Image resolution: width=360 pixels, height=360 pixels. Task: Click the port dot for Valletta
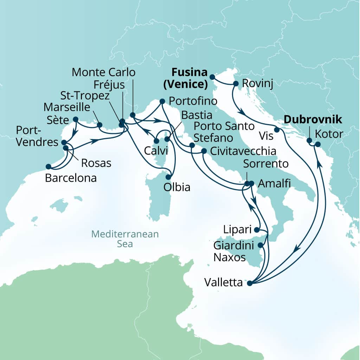[x=250, y=283]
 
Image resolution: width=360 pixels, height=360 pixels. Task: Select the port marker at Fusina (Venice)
[x=212, y=77]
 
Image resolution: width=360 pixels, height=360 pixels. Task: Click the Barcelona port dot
[x=48, y=166]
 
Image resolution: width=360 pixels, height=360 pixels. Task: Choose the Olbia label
[x=176, y=187]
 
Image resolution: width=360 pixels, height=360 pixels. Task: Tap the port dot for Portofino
[x=162, y=101]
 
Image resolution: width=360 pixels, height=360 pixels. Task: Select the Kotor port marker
[x=317, y=144]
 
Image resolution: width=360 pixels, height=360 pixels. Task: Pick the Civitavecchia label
[x=242, y=152]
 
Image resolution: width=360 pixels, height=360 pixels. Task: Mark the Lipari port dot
[x=256, y=230]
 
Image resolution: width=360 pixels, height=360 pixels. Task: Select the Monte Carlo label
[x=103, y=73]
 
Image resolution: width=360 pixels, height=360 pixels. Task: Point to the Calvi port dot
[x=156, y=141]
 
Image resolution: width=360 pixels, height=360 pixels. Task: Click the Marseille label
[x=67, y=107]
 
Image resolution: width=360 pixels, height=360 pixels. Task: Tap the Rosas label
[x=96, y=163]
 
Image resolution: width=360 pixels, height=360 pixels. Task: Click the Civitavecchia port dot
[x=204, y=152]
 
